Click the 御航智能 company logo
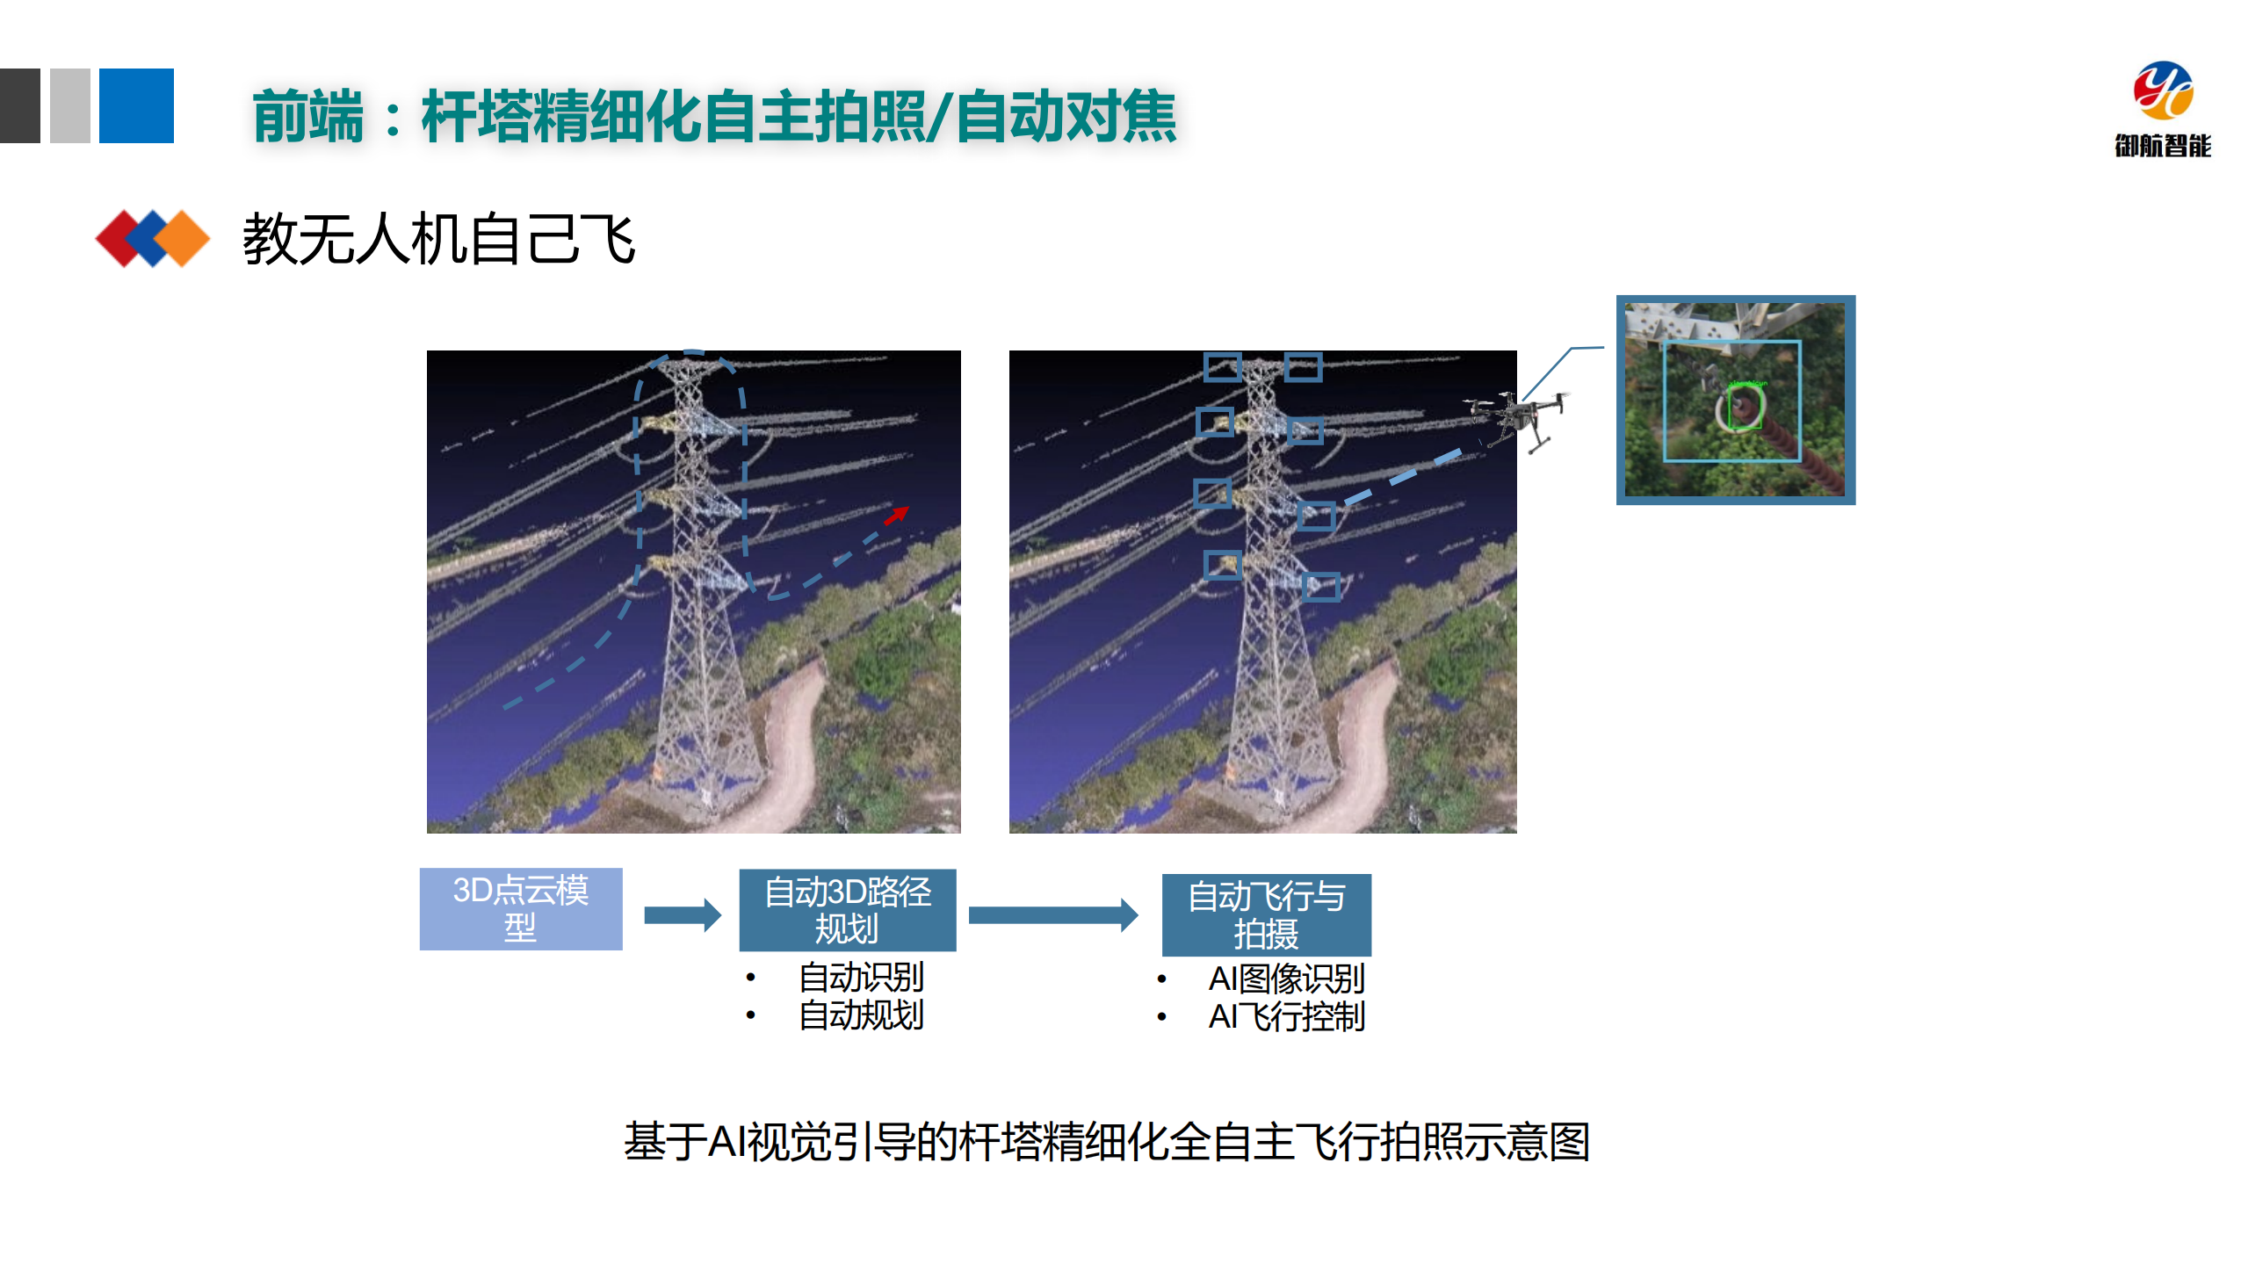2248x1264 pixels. pos(2162,107)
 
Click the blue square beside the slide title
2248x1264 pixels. pos(136,105)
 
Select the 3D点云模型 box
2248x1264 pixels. pos(520,908)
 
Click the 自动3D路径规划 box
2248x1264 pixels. pos(847,910)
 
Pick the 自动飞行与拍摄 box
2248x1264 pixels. pos(1265,914)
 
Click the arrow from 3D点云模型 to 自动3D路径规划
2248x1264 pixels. pos(682,915)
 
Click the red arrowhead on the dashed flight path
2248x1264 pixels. pos(898,515)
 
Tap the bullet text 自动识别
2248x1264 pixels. pos(860,977)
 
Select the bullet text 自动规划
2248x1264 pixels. pos(860,1015)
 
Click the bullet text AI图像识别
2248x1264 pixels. pos(1285,979)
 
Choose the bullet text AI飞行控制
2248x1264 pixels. pos(1285,1017)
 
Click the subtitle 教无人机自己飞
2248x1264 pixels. pos(438,239)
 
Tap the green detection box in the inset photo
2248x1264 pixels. pos(1745,408)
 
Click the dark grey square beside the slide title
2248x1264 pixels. pos(19,105)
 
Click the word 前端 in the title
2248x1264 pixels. pos(307,117)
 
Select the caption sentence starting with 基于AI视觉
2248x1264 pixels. pos(1107,1142)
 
